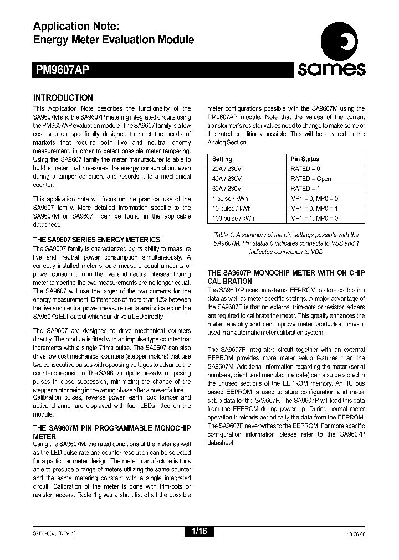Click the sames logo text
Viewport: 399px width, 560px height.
(331, 69)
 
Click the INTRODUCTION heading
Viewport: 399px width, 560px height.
(63, 97)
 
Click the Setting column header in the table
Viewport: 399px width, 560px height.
(222, 159)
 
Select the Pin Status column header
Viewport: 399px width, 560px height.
(305, 159)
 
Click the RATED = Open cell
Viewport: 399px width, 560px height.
(310, 179)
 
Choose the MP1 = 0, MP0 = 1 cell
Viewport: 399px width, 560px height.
(314, 209)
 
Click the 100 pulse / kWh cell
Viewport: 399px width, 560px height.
(233, 219)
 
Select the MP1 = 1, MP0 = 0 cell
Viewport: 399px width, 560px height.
(314, 219)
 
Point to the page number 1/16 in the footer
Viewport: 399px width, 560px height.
(199, 531)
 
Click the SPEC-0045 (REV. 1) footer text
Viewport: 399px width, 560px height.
(54, 532)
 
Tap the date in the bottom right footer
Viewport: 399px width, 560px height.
(354, 532)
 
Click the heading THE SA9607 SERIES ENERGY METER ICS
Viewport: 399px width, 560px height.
(96, 240)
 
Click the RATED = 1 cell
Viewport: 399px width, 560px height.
(305, 189)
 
